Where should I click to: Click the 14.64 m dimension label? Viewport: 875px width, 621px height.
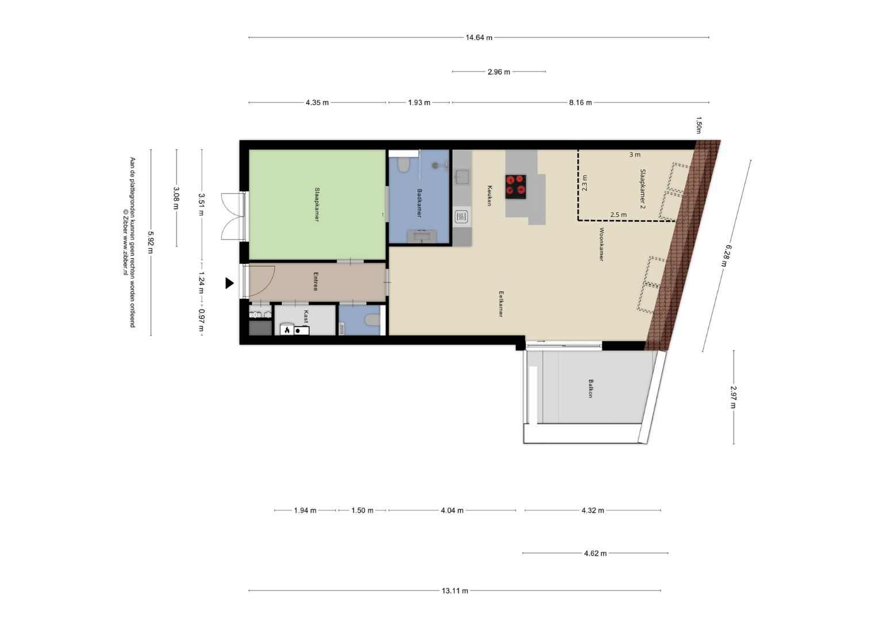pyautogui.click(x=478, y=37)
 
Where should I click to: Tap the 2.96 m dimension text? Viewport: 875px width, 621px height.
pyautogui.click(x=498, y=72)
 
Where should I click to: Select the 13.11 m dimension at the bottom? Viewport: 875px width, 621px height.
pyautogui.click(x=455, y=591)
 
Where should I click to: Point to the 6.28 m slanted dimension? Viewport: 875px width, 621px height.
pyautogui.click(x=726, y=255)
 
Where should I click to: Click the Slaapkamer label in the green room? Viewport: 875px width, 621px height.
pyautogui.click(x=317, y=204)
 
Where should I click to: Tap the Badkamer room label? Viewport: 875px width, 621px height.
pyautogui.click(x=419, y=203)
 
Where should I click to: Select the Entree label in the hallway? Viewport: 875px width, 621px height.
pyautogui.click(x=316, y=281)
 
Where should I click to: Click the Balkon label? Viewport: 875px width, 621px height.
pyautogui.click(x=590, y=388)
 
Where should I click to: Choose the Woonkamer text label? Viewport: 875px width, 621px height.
pyautogui.click(x=601, y=244)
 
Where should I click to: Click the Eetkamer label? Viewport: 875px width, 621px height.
pyautogui.click(x=501, y=304)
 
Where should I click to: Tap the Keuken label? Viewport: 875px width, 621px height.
pyautogui.click(x=489, y=195)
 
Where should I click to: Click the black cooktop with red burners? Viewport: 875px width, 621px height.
pyautogui.click(x=516, y=186)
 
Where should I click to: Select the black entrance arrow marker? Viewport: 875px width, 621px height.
pyautogui.click(x=229, y=283)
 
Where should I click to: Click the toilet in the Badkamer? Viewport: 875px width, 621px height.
pyautogui.click(x=404, y=166)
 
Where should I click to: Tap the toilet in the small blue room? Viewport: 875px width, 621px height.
pyautogui.click(x=373, y=320)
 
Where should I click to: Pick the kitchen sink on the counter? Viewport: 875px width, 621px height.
pyautogui.click(x=462, y=176)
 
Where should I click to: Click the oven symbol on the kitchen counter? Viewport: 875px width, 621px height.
pyautogui.click(x=461, y=217)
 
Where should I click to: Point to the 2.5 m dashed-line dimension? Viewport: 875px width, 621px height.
pyautogui.click(x=619, y=214)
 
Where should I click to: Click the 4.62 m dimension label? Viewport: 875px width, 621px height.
pyautogui.click(x=595, y=553)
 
